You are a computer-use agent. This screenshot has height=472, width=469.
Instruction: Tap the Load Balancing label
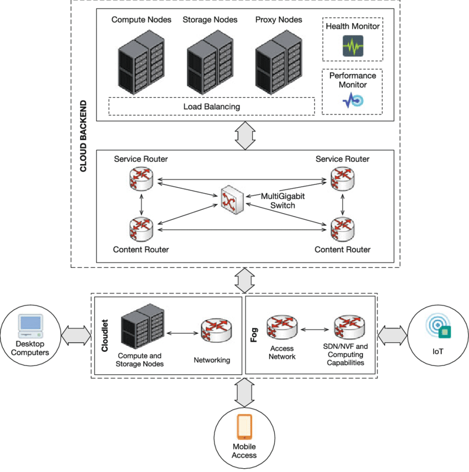tap(211, 106)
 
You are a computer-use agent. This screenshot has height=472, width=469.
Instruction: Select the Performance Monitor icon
tap(352, 100)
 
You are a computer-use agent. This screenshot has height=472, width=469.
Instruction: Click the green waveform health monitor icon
tap(352, 46)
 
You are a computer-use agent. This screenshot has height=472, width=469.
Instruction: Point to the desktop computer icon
tap(30, 326)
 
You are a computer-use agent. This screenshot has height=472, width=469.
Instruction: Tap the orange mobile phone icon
tap(244, 427)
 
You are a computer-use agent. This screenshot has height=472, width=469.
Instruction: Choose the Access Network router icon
tap(281, 327)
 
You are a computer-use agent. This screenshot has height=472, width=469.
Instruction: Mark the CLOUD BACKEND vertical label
tap(83, 136)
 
